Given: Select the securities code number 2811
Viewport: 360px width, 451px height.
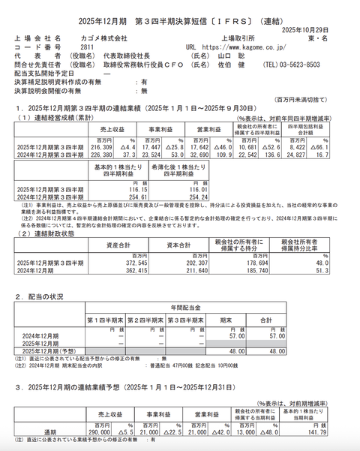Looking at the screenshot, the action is (88, 45).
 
